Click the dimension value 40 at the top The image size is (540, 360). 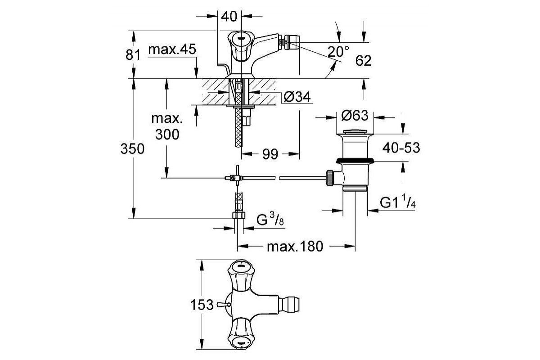coord(229,17)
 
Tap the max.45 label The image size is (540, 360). coord(172,50)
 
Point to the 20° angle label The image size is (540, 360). coord(338,51)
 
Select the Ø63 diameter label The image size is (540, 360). coord(355,116)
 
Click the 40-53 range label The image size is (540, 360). coord(401,148)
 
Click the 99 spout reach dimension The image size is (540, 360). coord(270,154)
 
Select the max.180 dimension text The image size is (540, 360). coord(295,247)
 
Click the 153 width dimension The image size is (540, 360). coord(201,305)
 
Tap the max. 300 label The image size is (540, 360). coord(166,127)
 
